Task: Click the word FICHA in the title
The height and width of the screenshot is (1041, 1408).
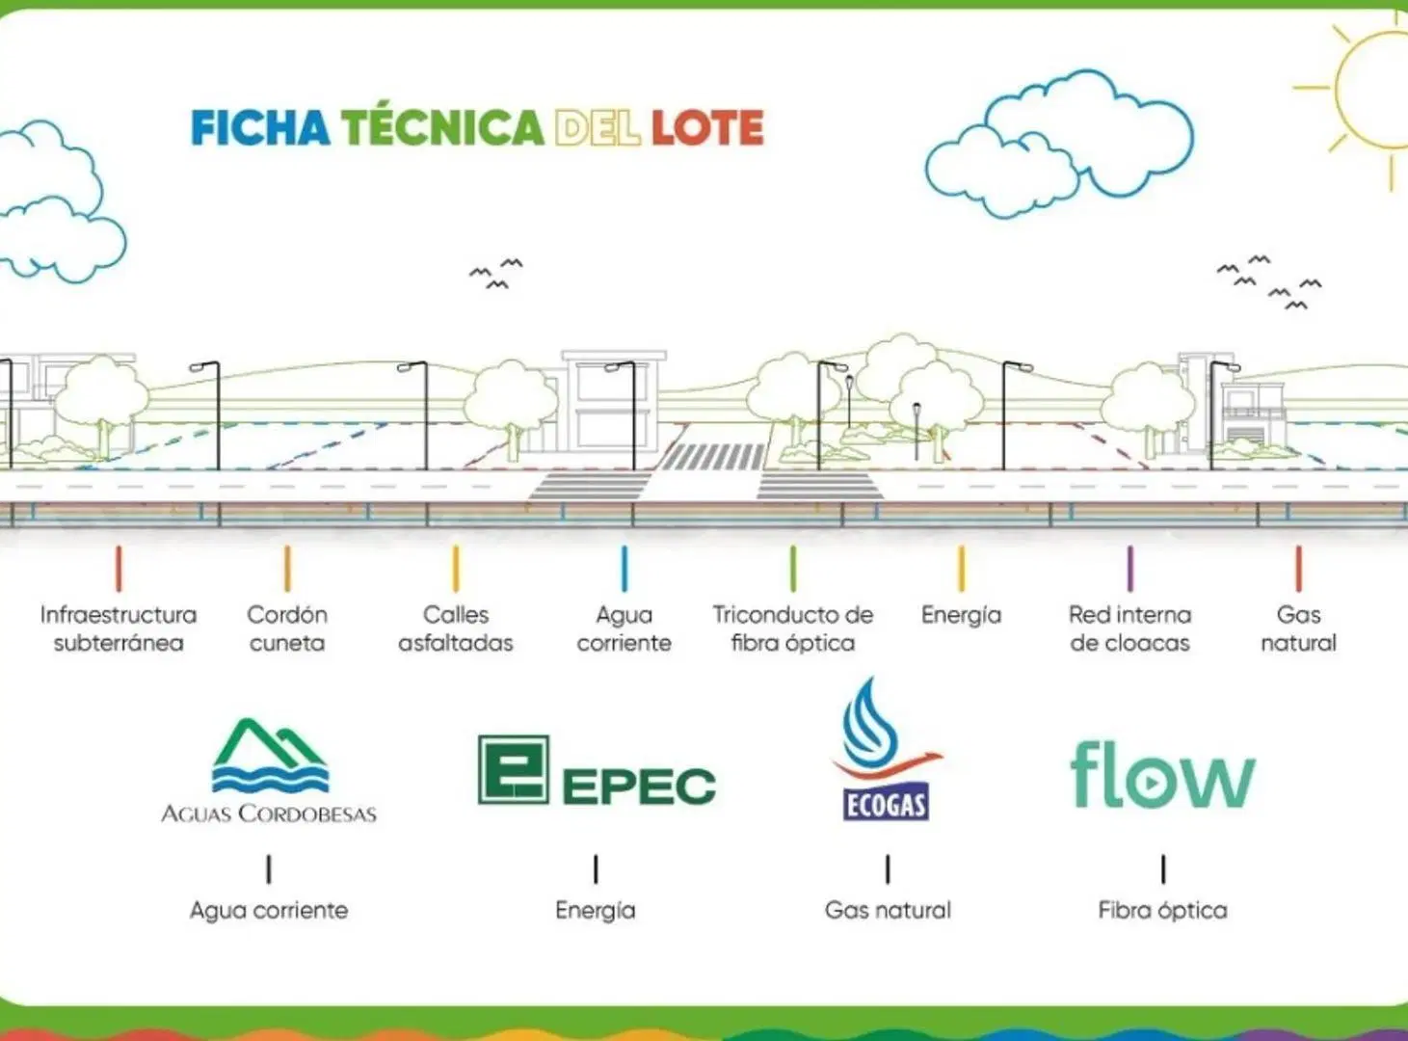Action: (260, 128)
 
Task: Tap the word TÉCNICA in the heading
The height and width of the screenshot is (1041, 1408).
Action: (442, 127)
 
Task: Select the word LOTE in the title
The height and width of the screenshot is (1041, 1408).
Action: (707, 128)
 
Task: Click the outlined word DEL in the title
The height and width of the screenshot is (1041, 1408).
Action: (598, 128)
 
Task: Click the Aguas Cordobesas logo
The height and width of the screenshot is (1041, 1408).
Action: (269, 770)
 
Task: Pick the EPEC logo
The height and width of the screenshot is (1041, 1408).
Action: (597, 770)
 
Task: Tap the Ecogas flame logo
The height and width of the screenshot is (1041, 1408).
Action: (887, 749)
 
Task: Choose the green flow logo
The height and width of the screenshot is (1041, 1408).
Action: (1163, 774)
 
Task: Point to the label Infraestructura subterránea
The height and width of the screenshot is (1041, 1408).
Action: (119, 628)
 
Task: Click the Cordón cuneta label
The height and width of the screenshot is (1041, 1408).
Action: (287, 628)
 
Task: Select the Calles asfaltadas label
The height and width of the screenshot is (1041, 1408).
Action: (456, 628)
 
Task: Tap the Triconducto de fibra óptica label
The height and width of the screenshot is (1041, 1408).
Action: (793, 628)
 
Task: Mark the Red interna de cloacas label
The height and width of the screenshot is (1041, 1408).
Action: (1129, 628)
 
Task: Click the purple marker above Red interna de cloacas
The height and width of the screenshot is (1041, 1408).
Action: (1129, 569)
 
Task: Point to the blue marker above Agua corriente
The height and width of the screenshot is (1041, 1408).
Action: (624, 569)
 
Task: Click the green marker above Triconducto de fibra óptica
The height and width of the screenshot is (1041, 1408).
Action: (793, 569)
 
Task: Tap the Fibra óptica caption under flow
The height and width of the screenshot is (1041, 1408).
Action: (1163, 911)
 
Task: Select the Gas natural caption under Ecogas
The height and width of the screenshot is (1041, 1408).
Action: (888, 910)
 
